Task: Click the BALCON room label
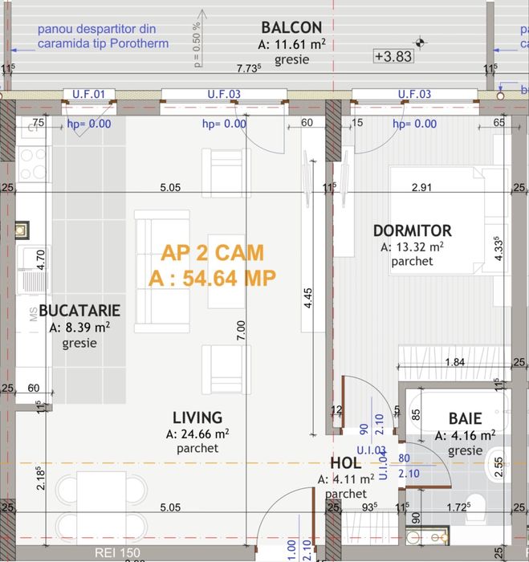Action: (291, 28)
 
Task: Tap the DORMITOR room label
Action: (412, 231)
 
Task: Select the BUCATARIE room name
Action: (79, 310)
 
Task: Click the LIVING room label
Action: (197, 417)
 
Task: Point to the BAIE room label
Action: (465, 418)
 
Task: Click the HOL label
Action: (345, 464)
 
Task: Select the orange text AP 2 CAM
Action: (212, 254)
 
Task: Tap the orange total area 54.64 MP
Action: (212, 278)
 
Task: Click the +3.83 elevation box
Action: (393, 56)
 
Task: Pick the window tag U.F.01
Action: (88, 95)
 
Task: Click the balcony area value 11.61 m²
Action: (291, 45)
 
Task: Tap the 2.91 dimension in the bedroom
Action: (422, 188)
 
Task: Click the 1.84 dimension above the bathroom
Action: (454, 363)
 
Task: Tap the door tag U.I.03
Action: (380, 451)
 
